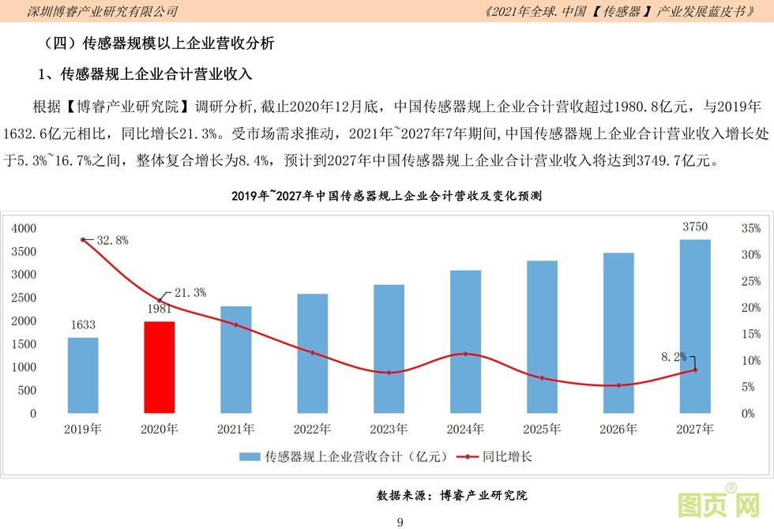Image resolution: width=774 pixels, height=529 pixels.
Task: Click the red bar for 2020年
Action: click(159, 367)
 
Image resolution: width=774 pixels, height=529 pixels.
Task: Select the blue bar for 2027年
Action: click(695, 326)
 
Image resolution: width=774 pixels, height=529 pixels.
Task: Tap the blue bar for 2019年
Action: click(83, 375)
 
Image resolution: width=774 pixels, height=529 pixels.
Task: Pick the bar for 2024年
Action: click(465, 341)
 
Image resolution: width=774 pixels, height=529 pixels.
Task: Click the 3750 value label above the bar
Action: click(695, 227)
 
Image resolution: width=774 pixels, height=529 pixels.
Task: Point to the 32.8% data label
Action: click(112, 240)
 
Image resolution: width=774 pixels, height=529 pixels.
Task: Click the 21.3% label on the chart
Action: click(190, 293)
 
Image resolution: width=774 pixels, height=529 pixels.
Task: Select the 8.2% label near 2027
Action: click(674, 357)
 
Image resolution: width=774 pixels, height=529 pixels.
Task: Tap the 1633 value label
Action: click(83, 325)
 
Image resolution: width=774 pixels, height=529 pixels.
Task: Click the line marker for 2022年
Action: click(313, 353)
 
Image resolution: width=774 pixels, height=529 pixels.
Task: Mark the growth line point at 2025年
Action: click(542, 378)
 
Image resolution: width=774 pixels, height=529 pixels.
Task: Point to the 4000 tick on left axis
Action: click(24, 228)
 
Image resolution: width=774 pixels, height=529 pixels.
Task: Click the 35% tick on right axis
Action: click(751, 228)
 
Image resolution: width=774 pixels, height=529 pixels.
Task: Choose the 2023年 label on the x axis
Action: click(389, 430)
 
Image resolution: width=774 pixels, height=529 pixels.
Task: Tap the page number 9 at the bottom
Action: click(400, 522)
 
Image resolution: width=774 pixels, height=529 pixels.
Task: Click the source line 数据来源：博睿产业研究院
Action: click(452, 496)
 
